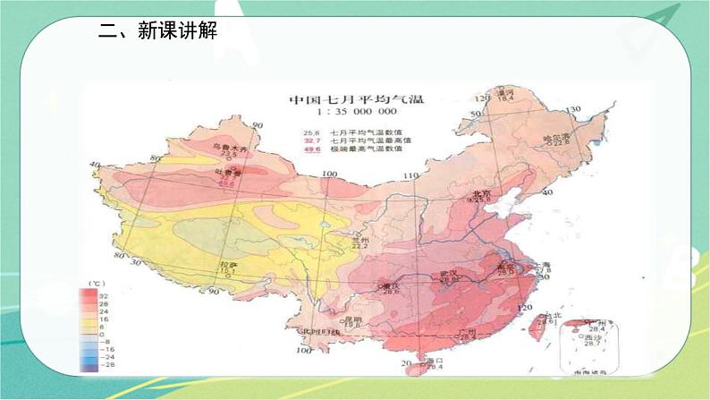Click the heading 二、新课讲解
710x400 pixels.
(157, 31)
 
